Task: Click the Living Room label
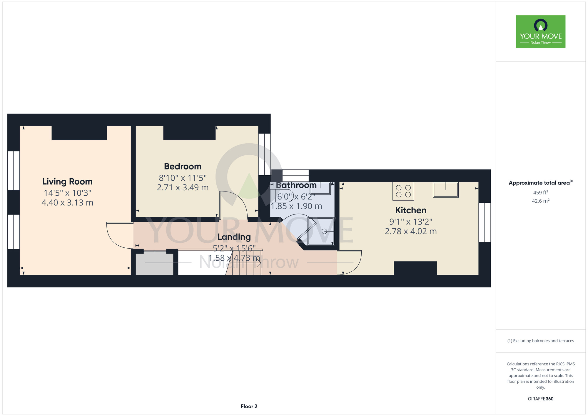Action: point(67,182)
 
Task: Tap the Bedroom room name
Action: point(183,167)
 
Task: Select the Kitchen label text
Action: point(410,210)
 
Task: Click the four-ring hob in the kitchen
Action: point(403,191)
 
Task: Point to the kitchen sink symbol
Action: point(445,189)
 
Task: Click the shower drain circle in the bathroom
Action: point(324,231)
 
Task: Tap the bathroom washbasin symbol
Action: point(320,188)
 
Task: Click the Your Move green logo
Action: point(540,32)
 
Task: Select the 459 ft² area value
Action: point(540,193)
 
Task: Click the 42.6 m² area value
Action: point(540,201)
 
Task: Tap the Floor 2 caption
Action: point(249,406)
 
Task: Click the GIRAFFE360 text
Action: point(540,399)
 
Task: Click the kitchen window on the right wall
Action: point(485,222)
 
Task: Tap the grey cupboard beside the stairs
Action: point(154,264)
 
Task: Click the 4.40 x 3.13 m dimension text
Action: point(67,203)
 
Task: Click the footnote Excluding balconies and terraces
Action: point(540,341)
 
